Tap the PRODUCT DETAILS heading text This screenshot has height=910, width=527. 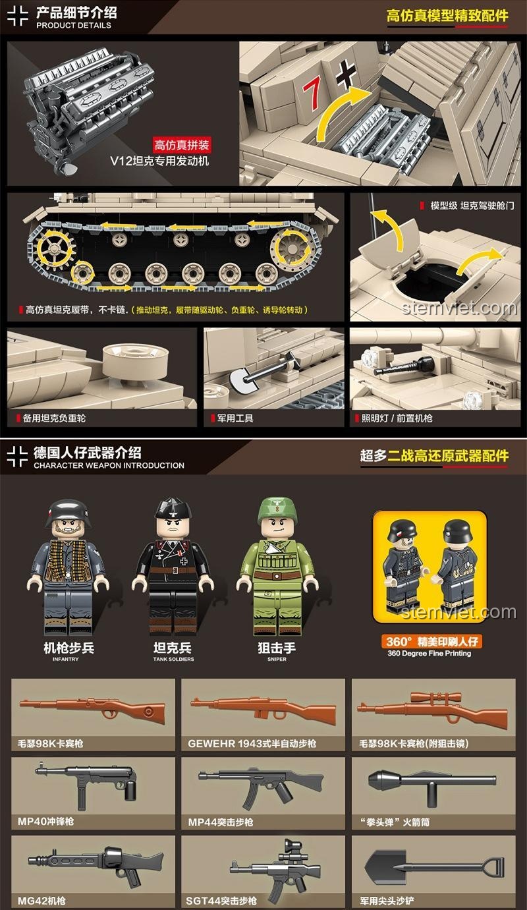click(x=74, y=25)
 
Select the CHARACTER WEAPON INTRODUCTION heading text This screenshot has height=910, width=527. click(x=109, y=466)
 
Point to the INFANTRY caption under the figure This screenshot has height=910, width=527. click(x=66, y=660)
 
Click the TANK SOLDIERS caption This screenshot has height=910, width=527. click(x=173, y=660)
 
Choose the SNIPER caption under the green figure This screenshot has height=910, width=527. click(x=277, y=660)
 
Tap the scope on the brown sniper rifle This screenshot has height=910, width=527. click(x=430, y=698)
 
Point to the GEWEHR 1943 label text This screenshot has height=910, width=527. click(x=252, y=744)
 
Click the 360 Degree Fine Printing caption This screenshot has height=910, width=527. click(x=429, y=654)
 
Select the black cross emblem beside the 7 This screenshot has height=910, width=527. click(x=346, y=74)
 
